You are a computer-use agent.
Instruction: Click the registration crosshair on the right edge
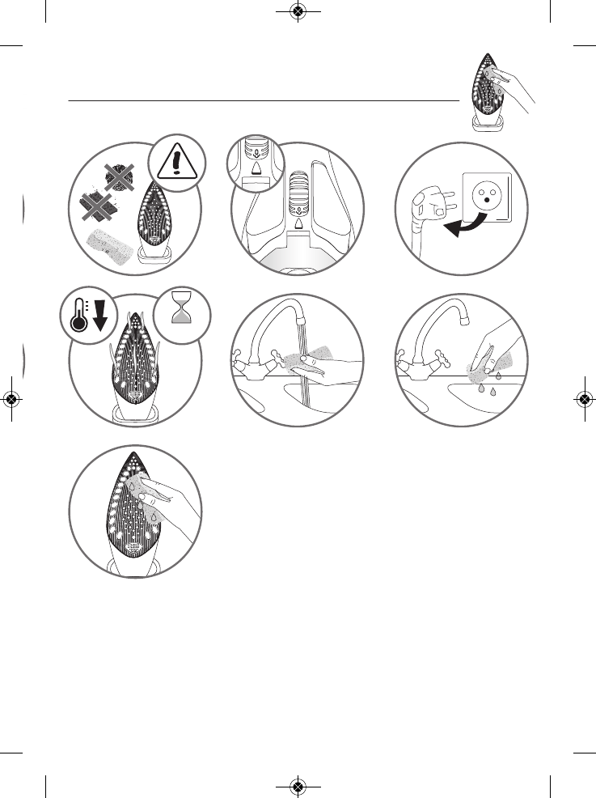585,399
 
